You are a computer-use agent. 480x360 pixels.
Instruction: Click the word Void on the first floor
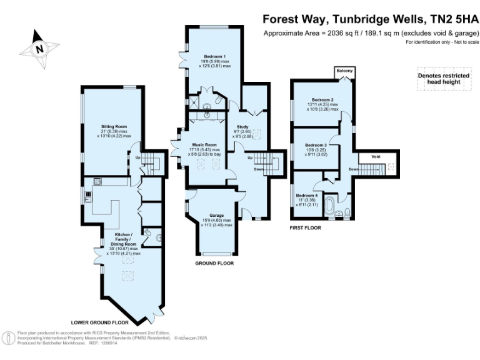point(376,157)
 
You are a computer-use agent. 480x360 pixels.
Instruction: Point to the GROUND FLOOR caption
point(215,264)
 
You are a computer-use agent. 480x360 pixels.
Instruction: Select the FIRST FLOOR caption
point(305,228)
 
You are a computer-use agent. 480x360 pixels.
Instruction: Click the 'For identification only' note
point(442,42)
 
